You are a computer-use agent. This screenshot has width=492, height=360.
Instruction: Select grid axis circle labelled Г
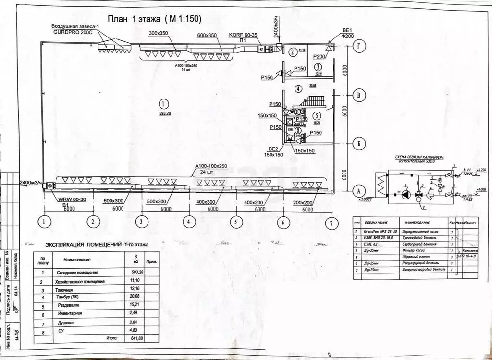click(x=358, y=46)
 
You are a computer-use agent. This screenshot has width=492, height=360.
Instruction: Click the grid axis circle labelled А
click(x=357, y=190)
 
